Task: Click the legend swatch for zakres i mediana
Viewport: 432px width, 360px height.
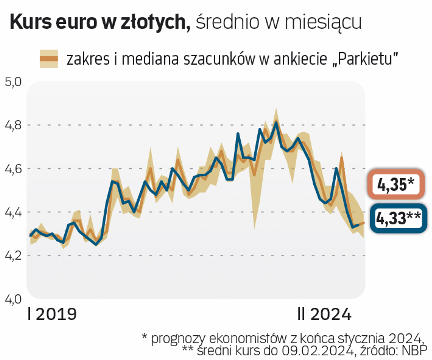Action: pyautogui.click(x=49, y=59)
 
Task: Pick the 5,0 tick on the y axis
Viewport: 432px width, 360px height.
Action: pyautogui.click(x=13, y=82)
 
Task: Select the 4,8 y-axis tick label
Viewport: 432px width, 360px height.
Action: pyautogui.click(x=13, y=125)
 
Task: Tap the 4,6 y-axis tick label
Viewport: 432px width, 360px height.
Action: pyautogui.click(x=13, y=169)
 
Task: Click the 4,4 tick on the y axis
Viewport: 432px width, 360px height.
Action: pyautogui.click(x=13, y=212)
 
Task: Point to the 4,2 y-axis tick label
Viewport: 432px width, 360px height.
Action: pyautogui.click(x=13, y=256)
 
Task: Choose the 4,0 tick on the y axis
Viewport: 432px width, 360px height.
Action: pyautogui.click(x=13, y=299)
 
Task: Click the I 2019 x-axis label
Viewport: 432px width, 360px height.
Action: pyautogui.click(x=52, y=314)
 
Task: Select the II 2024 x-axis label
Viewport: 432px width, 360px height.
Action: pyautogui.click(x=324, y=314)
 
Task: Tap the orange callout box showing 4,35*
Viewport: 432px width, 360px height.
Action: pyautogui.click(x=396, y=184)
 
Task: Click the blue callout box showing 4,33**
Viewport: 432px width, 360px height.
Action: pyautogui.click(x=398, y=218)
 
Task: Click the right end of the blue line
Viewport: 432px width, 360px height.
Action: pyautogui.click(x=359, y=225)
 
